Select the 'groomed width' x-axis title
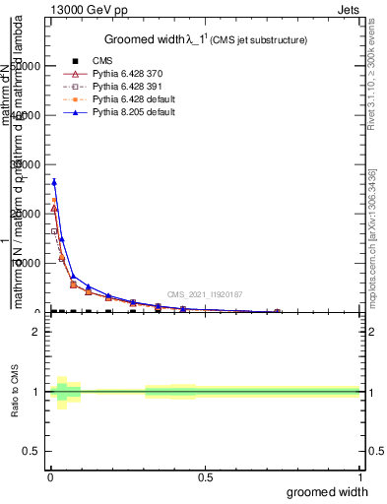click(x=327, y=491)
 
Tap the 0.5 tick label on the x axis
click(x=205, y=477)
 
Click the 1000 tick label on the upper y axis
click(x=26, y=263)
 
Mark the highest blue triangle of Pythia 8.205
click(x=54, y=181)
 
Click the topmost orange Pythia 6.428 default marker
click(x=54, y=201)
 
